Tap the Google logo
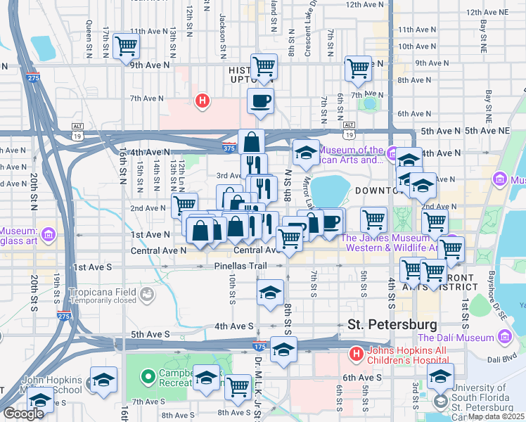[x=23, y=414]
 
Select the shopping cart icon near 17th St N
[x=127, y=46]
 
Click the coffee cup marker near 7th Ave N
[x=260, y=101]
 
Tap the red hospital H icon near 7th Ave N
[x=203, y=101]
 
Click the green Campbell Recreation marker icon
[x=148, y=376]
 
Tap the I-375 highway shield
[x=229, y=148]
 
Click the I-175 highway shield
[x=259, y=346]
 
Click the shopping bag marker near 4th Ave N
[x=251, y=143]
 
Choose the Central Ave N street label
[x=158, y=250]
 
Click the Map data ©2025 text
[x=496, y=416]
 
